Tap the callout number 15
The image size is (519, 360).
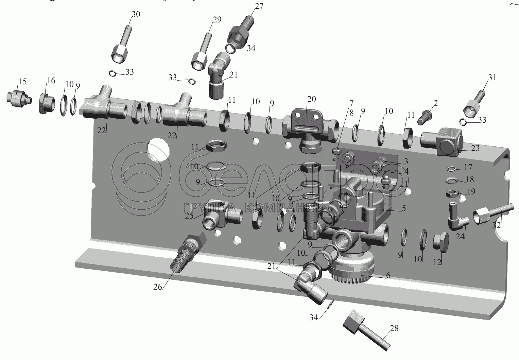pos(22,82)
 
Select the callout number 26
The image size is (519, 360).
pos(158,287)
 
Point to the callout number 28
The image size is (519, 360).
pos(394,328)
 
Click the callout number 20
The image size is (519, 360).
pos(311,99)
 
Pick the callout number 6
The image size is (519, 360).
pos(388,276)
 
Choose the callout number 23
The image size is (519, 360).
pos(475,148)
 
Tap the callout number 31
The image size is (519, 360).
pos(492,78)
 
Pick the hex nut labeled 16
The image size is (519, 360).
pos(46,104)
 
